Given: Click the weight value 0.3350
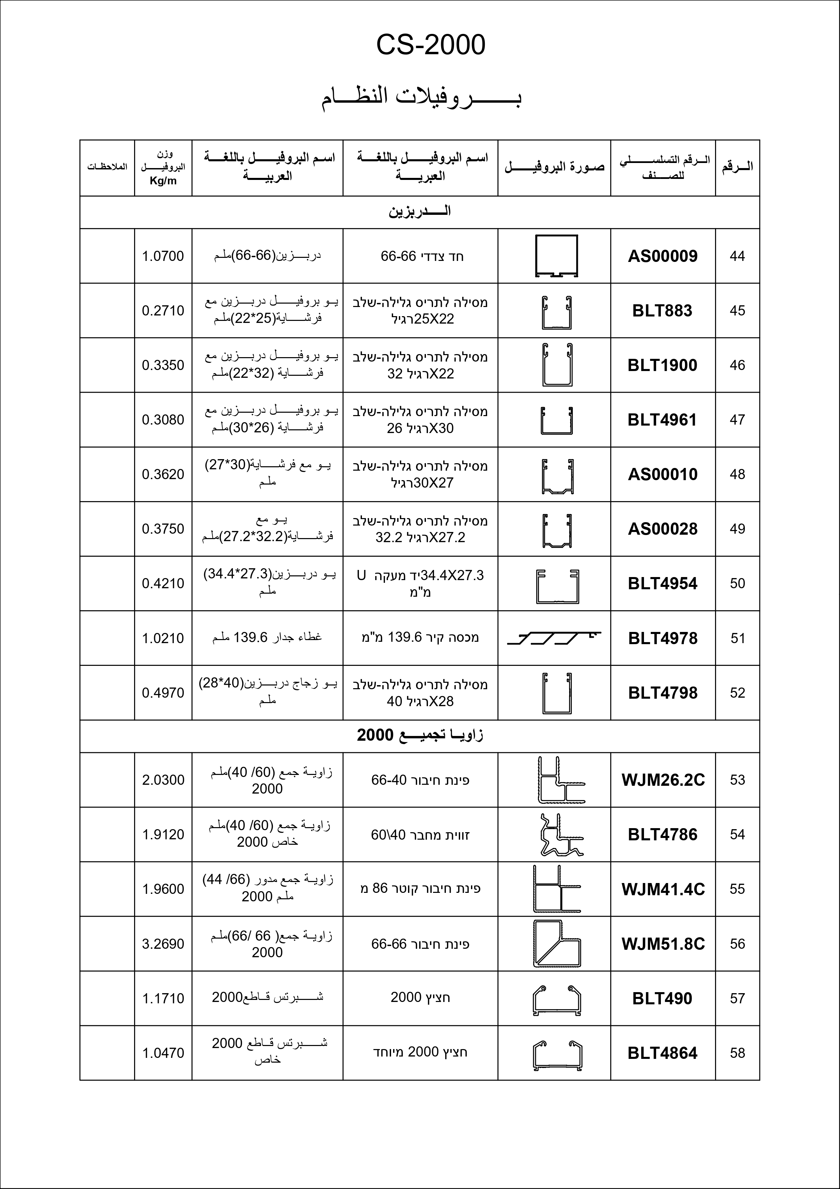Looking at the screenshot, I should click(163, 365).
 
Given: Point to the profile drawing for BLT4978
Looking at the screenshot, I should click(554, 638).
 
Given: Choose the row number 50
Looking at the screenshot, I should click(737, 583).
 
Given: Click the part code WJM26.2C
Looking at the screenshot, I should click(663, 780).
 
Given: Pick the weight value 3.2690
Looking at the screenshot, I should click(163, 944).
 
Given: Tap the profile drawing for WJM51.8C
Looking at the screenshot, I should click(556, 944).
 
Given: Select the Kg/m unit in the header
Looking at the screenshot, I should click(163, 181).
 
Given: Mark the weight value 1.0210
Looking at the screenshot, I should click(163, 638).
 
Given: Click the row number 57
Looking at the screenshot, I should click(737, 999).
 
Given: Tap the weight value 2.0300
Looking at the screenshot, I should click(163, 780).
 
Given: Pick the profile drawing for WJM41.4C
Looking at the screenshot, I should click(556, 889).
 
